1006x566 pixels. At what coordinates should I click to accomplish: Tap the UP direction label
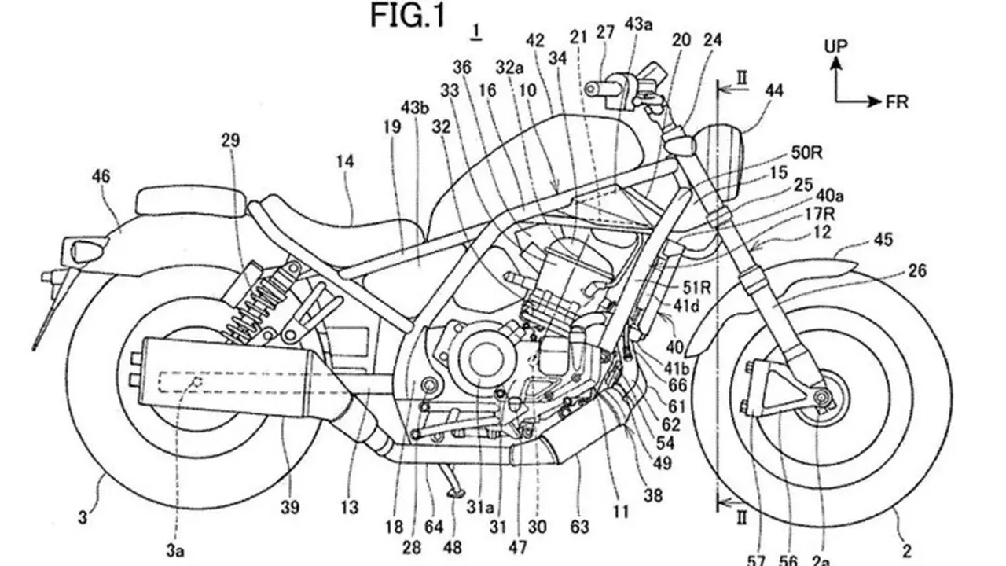[835, 46]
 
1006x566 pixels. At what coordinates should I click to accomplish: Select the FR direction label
[897, 102]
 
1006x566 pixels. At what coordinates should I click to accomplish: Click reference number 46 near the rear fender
[101, 176]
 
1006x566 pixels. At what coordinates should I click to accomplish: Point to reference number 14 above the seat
[345, 161]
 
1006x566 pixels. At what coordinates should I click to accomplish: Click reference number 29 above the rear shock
[230, 141]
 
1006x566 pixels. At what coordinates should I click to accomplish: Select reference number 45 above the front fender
[883, 240]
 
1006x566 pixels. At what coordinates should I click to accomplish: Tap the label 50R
[806, 153]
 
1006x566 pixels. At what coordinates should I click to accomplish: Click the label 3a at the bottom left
[175, 551]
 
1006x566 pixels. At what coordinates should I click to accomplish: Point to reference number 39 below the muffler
[290, 508]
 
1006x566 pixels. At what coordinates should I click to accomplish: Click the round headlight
[719, 162]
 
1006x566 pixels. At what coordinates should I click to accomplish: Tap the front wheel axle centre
[822, 398]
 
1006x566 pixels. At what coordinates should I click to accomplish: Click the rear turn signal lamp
[90, 250]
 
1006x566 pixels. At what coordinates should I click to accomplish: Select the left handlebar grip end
[593, 89]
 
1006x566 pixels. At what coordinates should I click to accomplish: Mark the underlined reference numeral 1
[476, 32]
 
